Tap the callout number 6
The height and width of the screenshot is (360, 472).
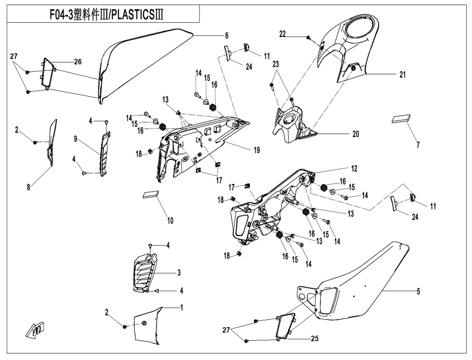[226, 36]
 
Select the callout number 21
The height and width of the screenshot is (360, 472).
[402, 75]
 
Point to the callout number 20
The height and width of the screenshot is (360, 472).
[355, 134]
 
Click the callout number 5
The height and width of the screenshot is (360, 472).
[418, 291]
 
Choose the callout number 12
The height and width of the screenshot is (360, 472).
[354, 168]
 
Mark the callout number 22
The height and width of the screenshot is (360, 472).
[296, 34]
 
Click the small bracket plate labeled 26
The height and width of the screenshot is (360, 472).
[48, 75]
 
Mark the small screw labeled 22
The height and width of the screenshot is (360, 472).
[309, 37]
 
